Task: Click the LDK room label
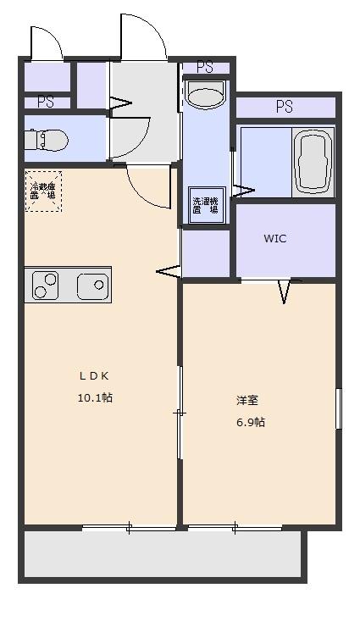coord(95,375)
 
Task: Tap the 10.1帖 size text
coord(95,397)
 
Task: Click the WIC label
coord(274,238)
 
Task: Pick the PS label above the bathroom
coord(284,107)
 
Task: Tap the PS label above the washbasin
coord(204,67)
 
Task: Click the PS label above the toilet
coord(45,102)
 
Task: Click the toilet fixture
coord(37,139)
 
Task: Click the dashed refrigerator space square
coord(42,191)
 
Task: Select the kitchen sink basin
coord(92,286)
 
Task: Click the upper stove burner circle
coord(48,278)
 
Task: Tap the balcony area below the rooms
coord(161,555)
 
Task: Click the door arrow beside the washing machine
coord(243,191)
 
